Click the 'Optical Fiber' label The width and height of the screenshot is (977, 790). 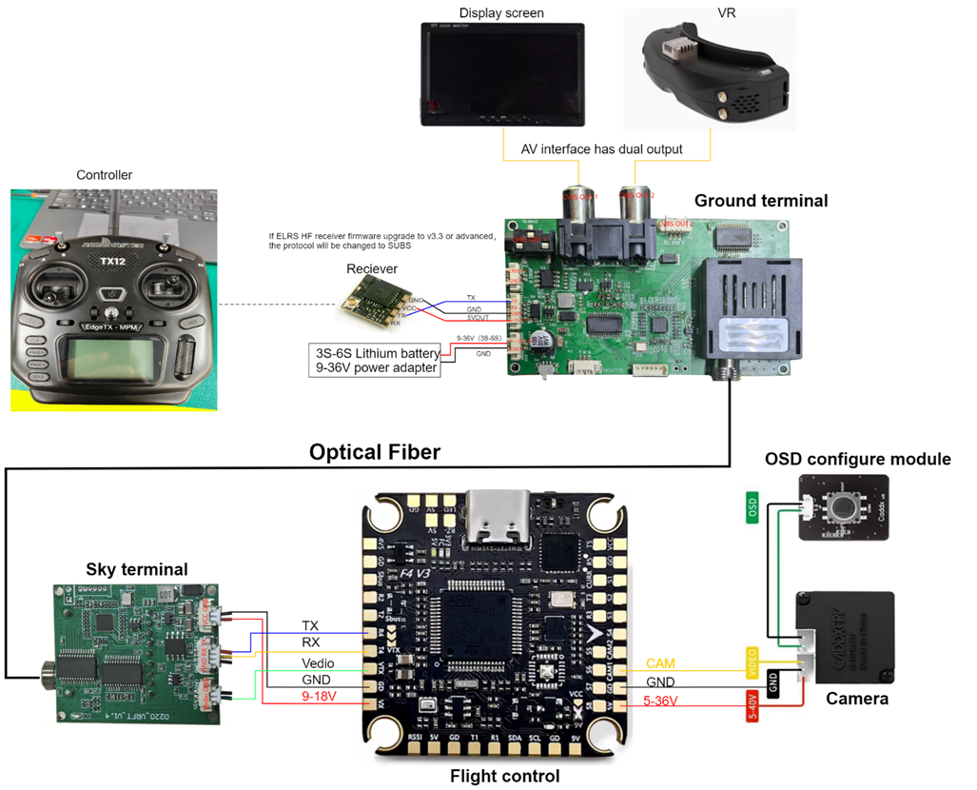pos(375,452)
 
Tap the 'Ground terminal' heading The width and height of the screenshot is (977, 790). pos(760,201)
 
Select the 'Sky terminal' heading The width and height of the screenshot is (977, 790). pos(137,569)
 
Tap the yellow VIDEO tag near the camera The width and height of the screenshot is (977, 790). pos(751,662)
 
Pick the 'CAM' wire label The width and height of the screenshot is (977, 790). pos(660,662)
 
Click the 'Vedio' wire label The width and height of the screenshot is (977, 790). pos(317,662)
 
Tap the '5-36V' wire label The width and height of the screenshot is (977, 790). pos(660,702)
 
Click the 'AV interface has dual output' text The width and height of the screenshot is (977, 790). pos(601,149)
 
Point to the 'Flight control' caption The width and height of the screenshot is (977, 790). pos(504,776)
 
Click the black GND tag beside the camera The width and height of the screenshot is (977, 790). pos(772,681)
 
